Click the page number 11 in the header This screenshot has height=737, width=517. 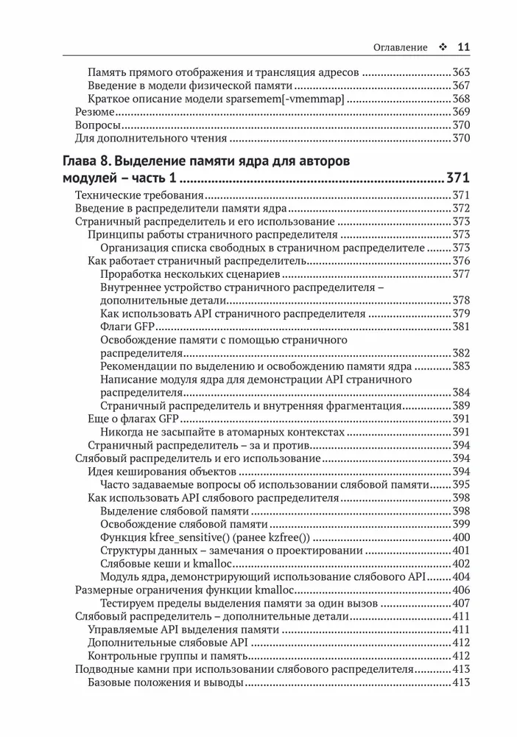(x=463, y=47)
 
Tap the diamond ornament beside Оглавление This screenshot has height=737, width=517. (x=442, y=47)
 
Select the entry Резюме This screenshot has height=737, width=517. (x=96, y=112)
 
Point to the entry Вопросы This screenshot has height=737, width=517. (x=99, y=125)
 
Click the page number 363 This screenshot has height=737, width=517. (x=460, y=73)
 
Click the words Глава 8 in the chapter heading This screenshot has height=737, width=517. (x=88, y=161)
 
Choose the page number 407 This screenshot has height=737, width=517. (x=460, y=602)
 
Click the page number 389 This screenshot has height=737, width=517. (x=460, y=405)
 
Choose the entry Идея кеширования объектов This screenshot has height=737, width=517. (x=161, y=471)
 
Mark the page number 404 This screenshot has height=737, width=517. (x=460, y=576)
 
